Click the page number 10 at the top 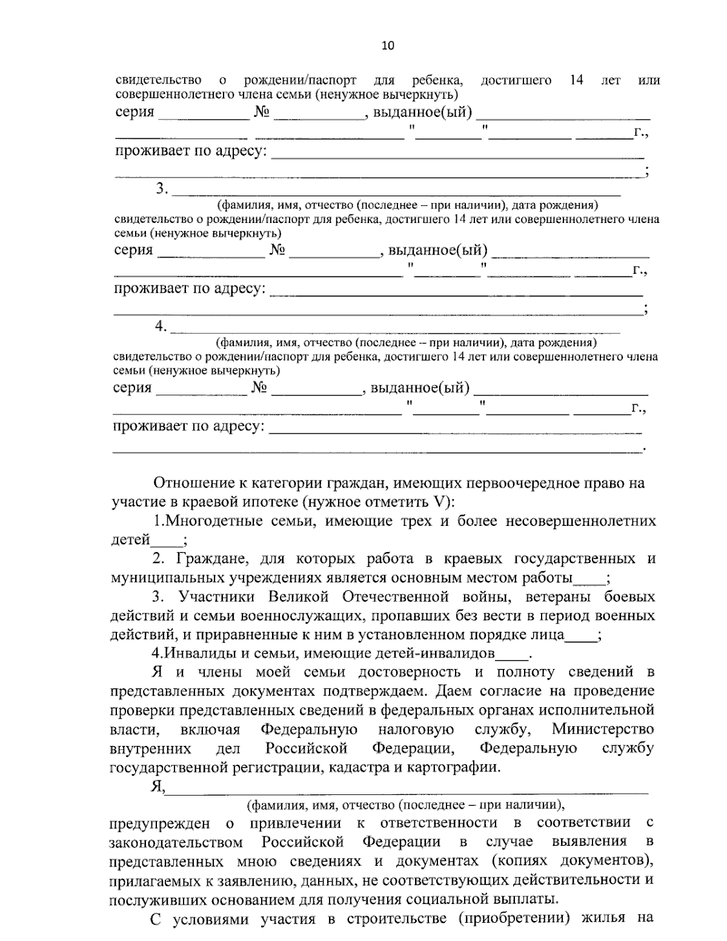click(388, 45)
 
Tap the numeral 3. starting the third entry click(162, 188)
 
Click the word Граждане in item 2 click(206, 559)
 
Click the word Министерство click(603, 728)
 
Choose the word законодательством click(176, 842)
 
